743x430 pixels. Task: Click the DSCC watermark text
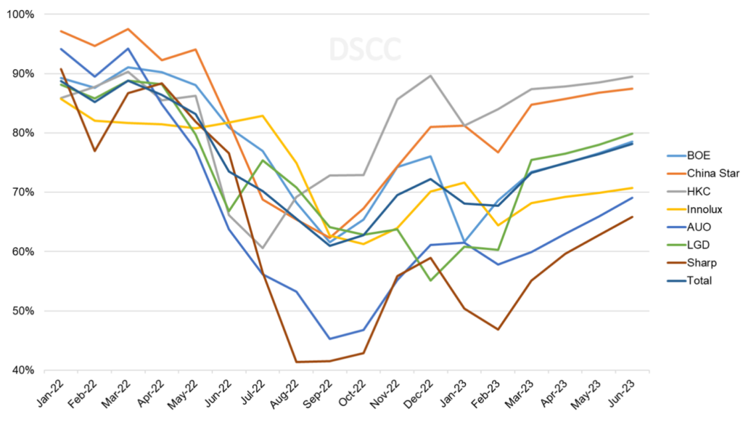[364, 49]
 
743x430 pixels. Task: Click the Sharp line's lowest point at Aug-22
[296, 362]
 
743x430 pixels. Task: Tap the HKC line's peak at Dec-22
[431, 76]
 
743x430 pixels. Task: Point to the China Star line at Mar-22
[128, 29]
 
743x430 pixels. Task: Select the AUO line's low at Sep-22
[329, 338]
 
